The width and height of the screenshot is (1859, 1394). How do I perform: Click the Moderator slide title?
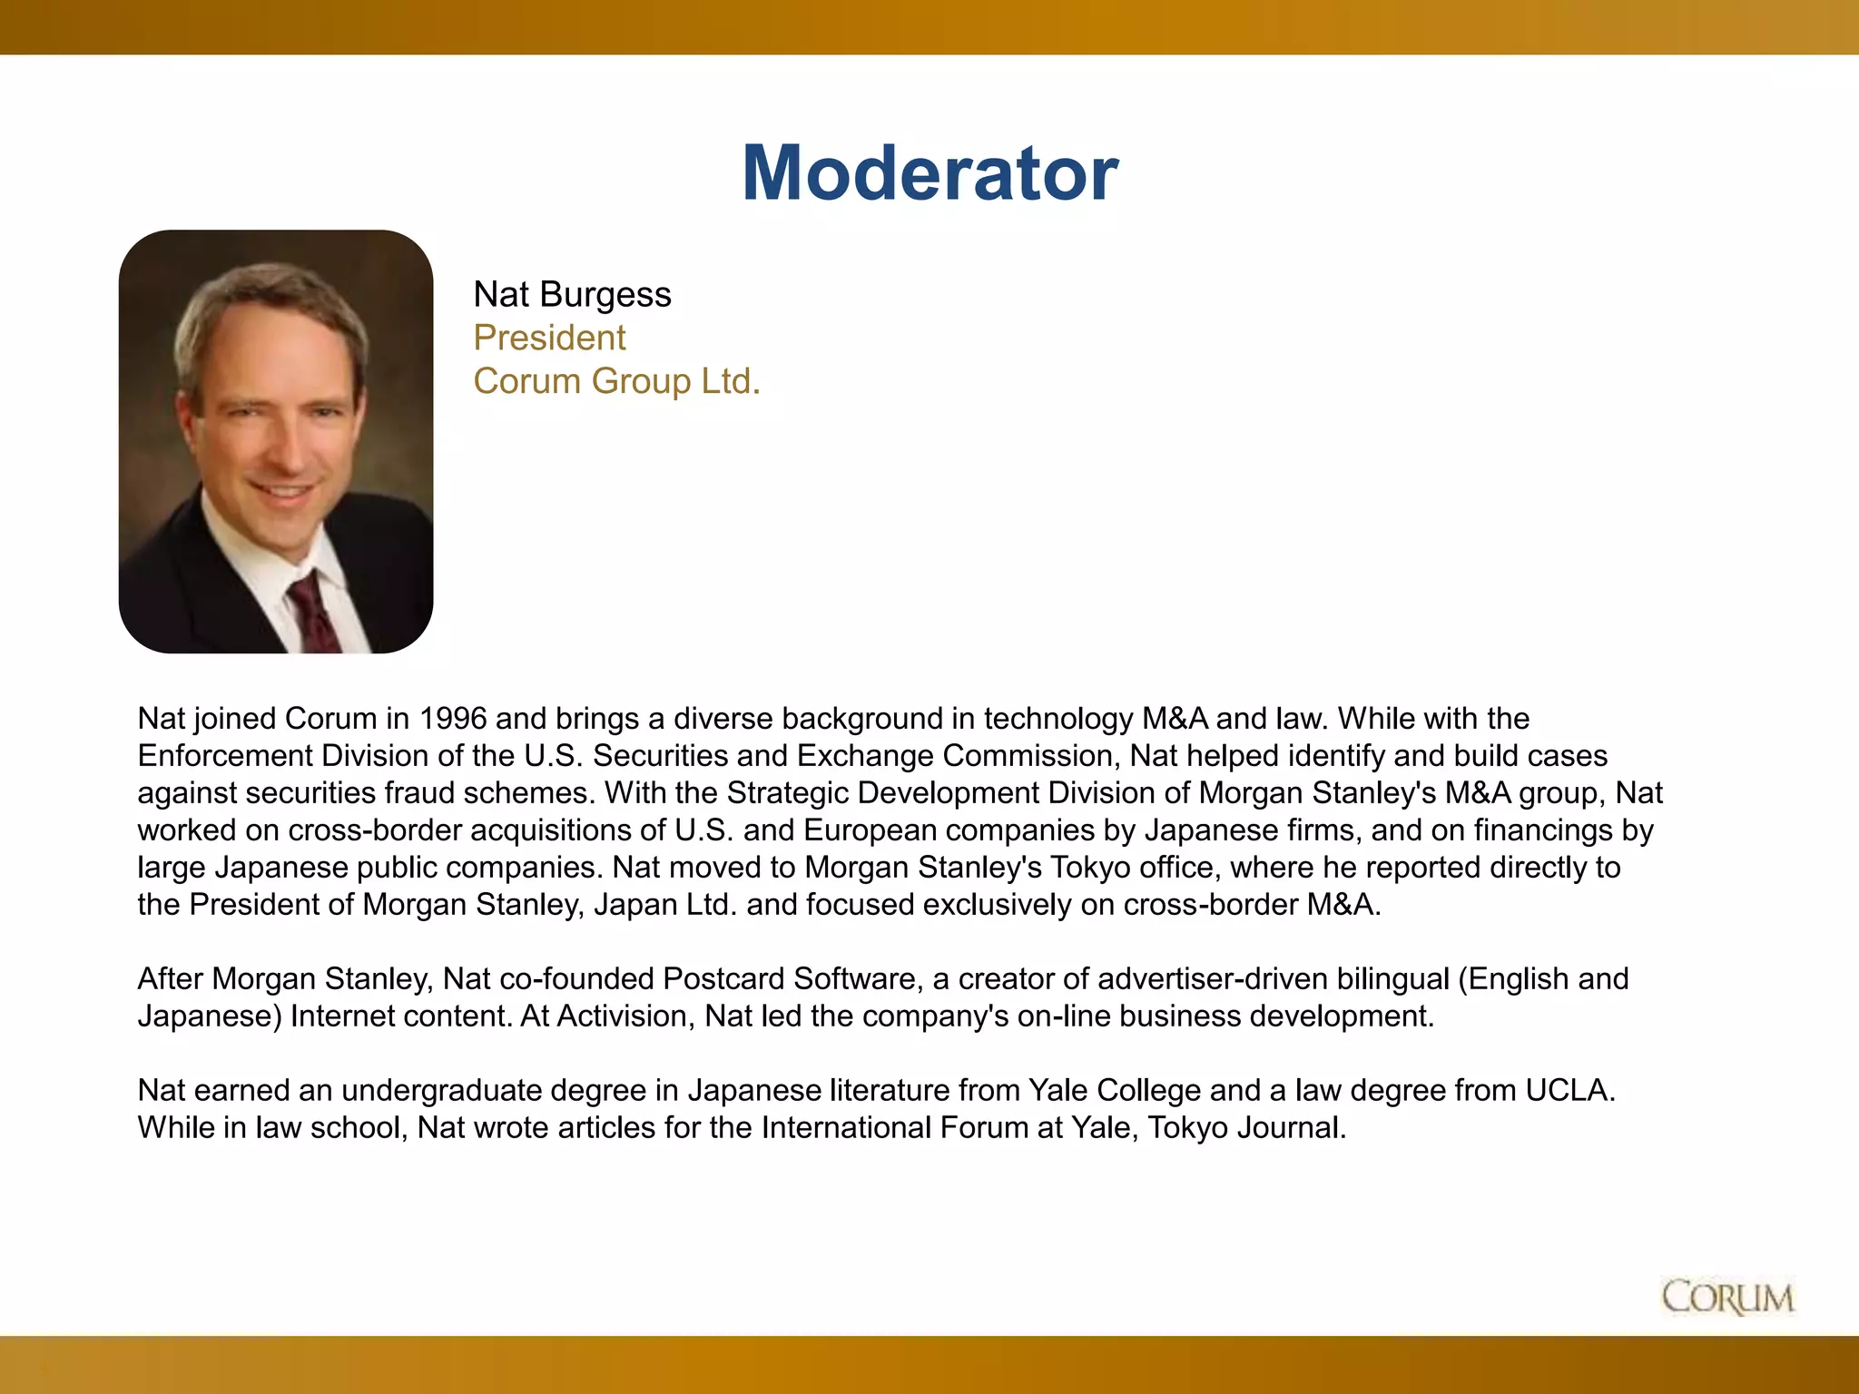click(x=929, y=172)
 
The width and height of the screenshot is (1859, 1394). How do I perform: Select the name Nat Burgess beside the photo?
click(x=572, y=295)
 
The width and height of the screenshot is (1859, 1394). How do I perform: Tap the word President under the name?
click(x=549, y=338)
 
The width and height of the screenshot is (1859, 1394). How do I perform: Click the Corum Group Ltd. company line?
click(x=616, y=381)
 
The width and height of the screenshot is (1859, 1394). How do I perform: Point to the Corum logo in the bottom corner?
click(x=1727, y=1297)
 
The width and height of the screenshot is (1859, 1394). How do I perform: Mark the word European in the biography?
click(x=868, y=830)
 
